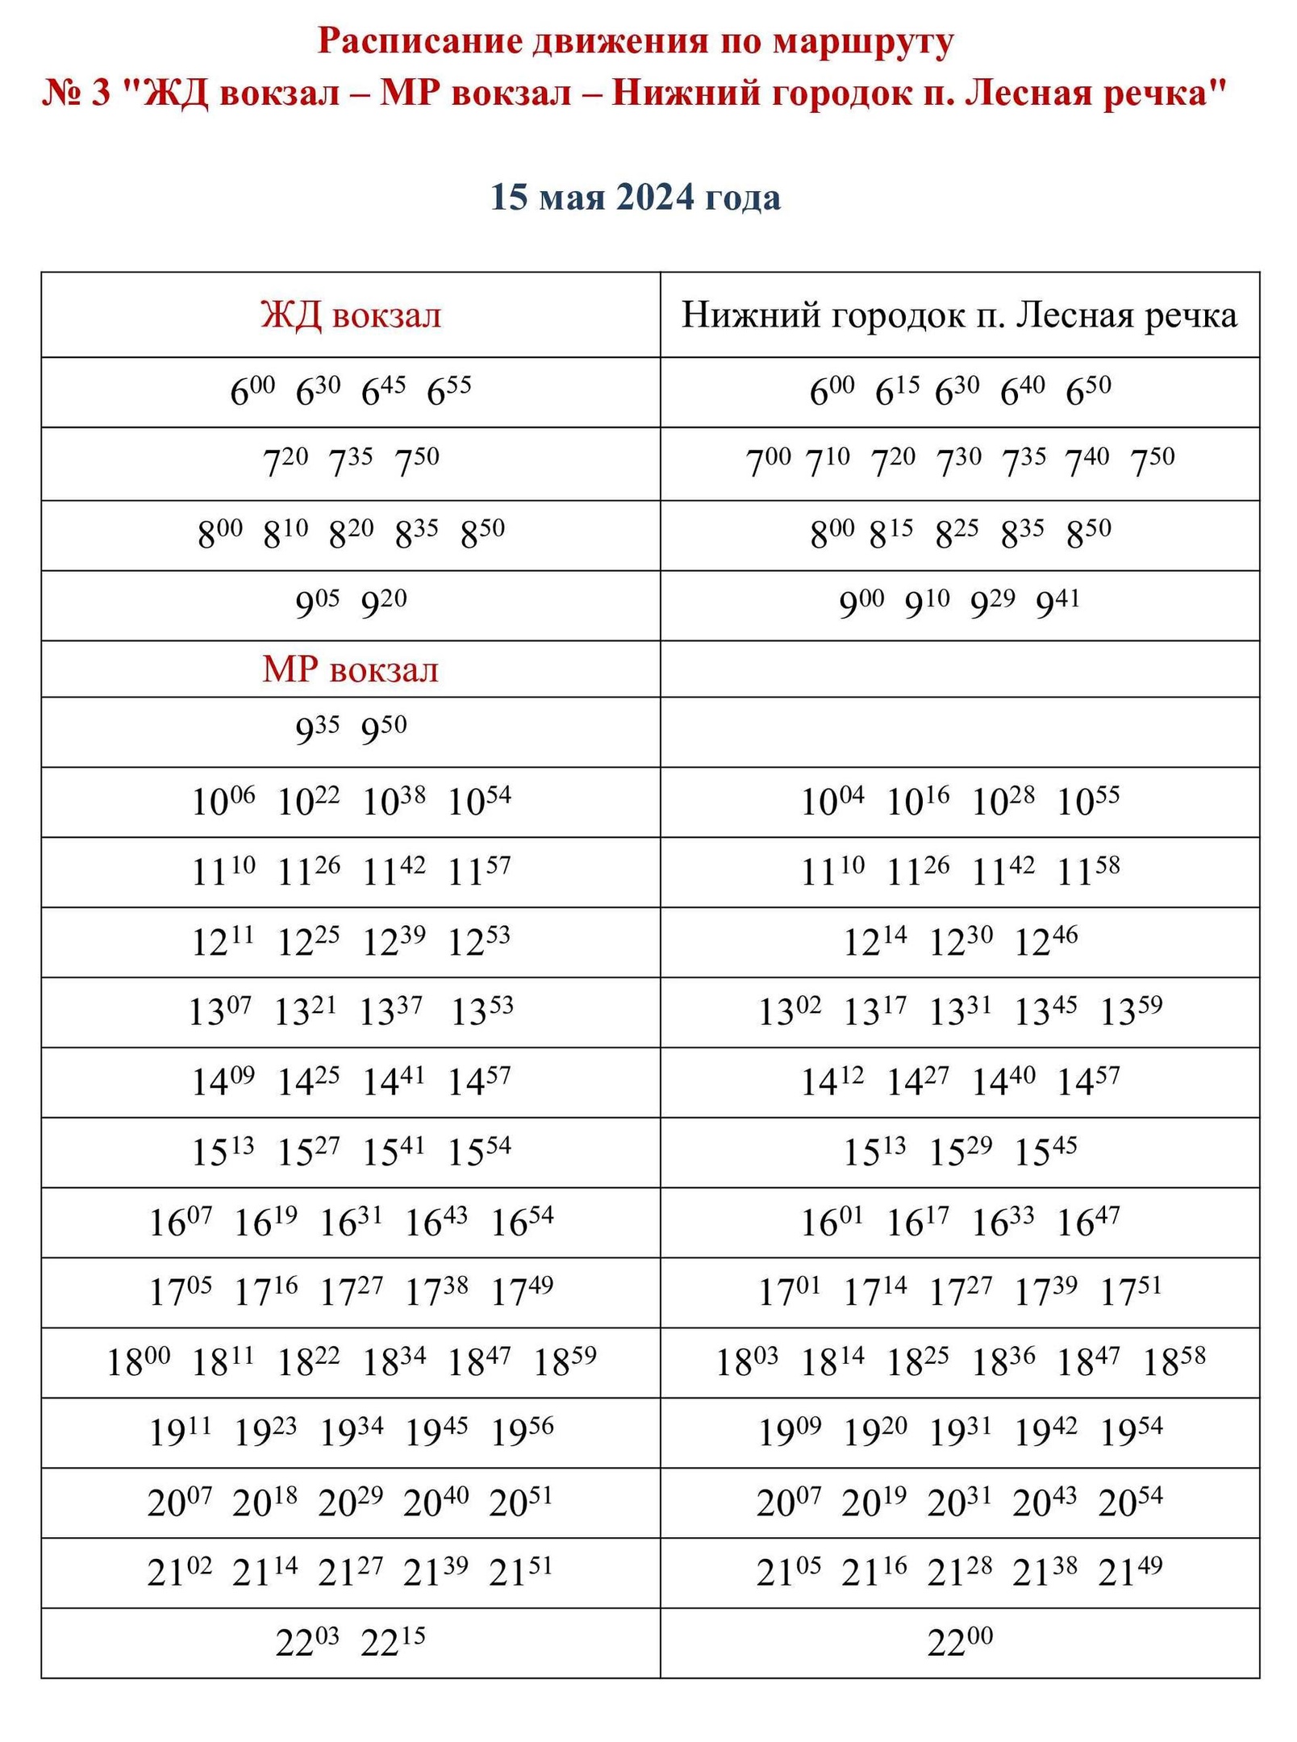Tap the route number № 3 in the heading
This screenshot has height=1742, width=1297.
pyautogui.click(x=76, y=94)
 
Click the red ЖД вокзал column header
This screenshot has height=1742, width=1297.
pyautogui.click(x=351, y=315)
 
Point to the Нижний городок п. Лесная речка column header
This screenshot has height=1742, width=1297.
pyautogui.click(x=959, y=315)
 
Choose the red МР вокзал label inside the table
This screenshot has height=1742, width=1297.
pyautogui.click(x=350, y=670)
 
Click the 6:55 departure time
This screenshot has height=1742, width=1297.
pyautogui.click(x=448, y=391)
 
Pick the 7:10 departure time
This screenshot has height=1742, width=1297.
pyautogui.click(x=828, y=462)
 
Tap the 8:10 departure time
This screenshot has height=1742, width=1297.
pyautogui.click(x=286, y=533)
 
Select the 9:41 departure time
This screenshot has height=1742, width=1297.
pyautogui.click(x=1057, y=603)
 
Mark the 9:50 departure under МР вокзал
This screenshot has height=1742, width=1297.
pyautogui.click(x=383, y=730)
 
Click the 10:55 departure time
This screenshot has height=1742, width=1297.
pyautogui.click(x=1088, y=801)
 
